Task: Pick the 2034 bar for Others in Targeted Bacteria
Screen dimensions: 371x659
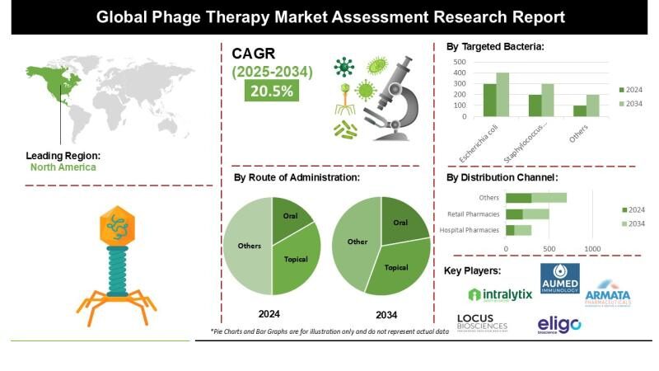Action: pos(592,106)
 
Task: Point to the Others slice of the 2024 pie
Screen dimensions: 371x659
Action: pos(249,246)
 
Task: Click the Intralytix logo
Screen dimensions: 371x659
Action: pos(499,294)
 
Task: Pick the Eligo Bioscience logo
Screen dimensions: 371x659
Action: pos(559,324)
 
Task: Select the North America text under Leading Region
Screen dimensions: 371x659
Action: pos(63,167)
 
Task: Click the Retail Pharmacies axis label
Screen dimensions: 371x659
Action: pos(471,214)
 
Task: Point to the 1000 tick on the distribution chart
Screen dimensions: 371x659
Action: pos(591,247)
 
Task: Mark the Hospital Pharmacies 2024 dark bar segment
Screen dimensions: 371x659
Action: pos(510,230)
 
